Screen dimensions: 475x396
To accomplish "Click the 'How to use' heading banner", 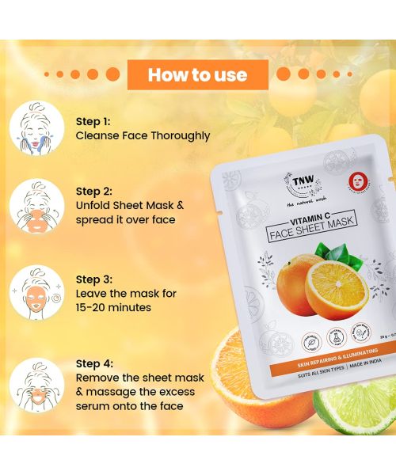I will [198, 75].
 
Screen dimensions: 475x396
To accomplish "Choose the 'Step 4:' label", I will [96, 363].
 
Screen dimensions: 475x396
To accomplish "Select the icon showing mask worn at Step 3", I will [36, 294].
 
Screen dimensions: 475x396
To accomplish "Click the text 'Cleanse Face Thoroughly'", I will [143, 135].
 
